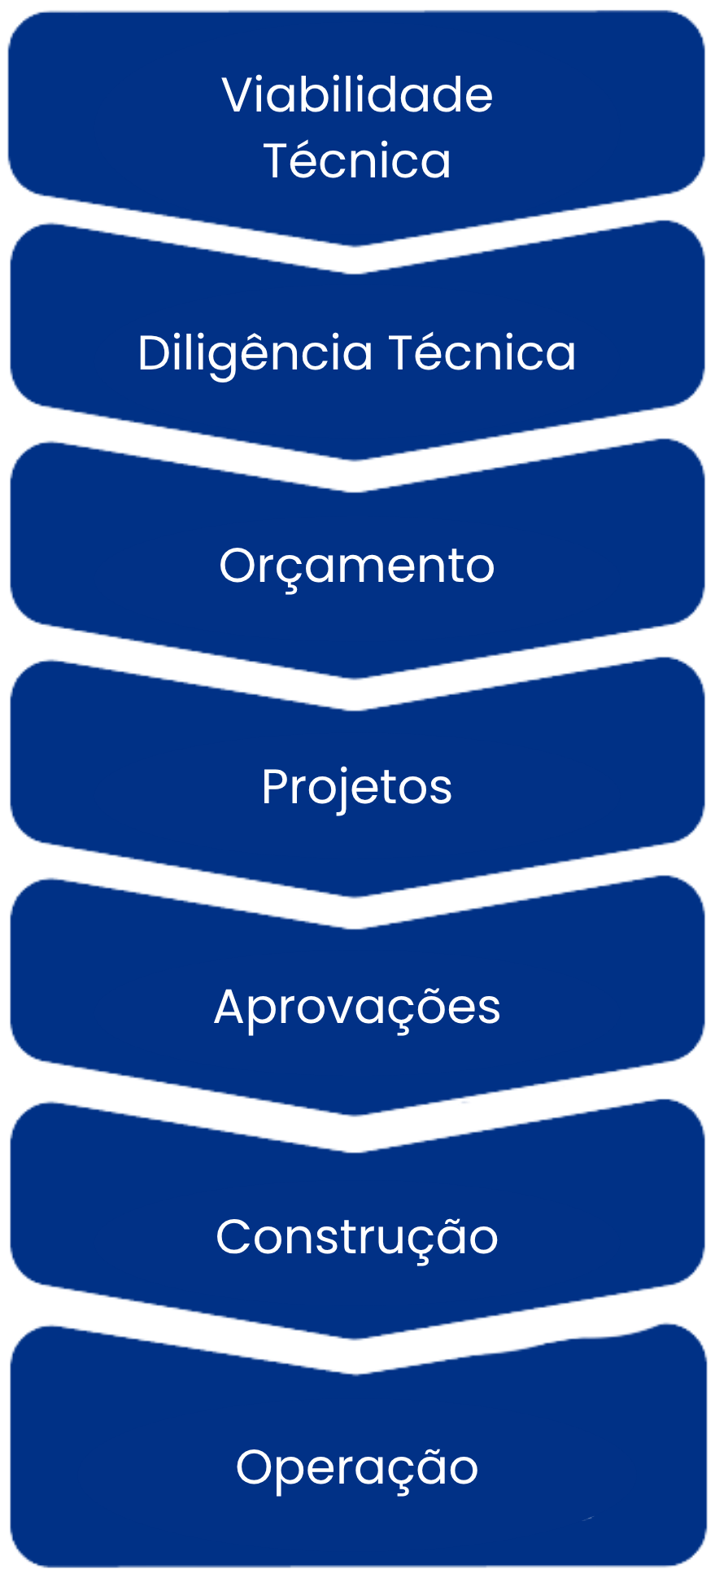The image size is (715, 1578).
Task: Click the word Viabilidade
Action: (x=357, y=95)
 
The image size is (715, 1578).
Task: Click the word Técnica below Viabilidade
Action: (x=357, y=160)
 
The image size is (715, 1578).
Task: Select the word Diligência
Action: (x=255, y=354)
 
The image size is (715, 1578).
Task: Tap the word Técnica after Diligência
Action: (x=482, y=353)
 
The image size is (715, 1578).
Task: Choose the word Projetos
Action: (x=357, y=788)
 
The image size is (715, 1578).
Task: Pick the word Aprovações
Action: (x=357, y=1008)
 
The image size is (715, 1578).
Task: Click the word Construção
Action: (x=357, y=1237)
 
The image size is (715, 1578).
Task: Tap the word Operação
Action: (x=357, y=1467)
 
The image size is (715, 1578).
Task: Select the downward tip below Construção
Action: (x=357, y=1336)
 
